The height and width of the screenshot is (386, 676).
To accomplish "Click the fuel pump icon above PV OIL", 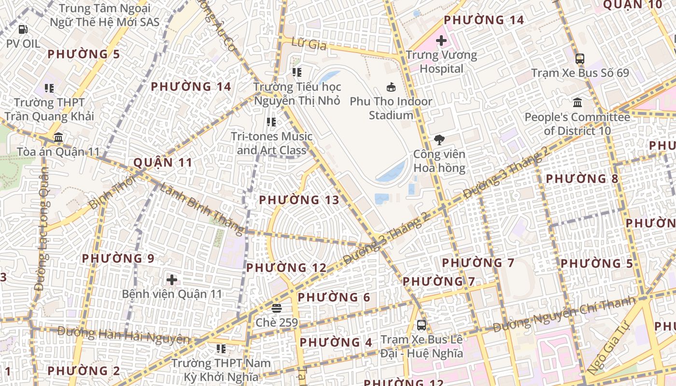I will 23,29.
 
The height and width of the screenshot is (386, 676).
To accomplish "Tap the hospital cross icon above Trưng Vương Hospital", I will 441,41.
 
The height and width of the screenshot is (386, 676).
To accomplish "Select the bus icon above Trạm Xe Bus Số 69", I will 580,59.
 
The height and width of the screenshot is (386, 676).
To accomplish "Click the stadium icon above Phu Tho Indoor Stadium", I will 391,87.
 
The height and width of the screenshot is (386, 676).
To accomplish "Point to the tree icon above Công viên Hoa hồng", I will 439,140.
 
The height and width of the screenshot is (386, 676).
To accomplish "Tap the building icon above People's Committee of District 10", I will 577,103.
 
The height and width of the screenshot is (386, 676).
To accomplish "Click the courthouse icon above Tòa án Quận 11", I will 58,138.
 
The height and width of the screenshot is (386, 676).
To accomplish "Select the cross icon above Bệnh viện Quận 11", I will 171,279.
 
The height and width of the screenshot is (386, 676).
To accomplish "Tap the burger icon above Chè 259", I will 277,308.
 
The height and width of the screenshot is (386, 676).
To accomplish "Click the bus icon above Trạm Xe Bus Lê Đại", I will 422,325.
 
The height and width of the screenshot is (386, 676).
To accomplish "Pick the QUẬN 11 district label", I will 163,163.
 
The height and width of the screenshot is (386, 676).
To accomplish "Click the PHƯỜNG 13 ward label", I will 299,200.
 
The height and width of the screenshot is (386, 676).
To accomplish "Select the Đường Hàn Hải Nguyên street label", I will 124,335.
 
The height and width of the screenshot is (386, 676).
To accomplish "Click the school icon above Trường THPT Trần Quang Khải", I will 49,88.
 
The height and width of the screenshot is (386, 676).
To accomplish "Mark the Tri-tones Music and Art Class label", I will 271,143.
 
